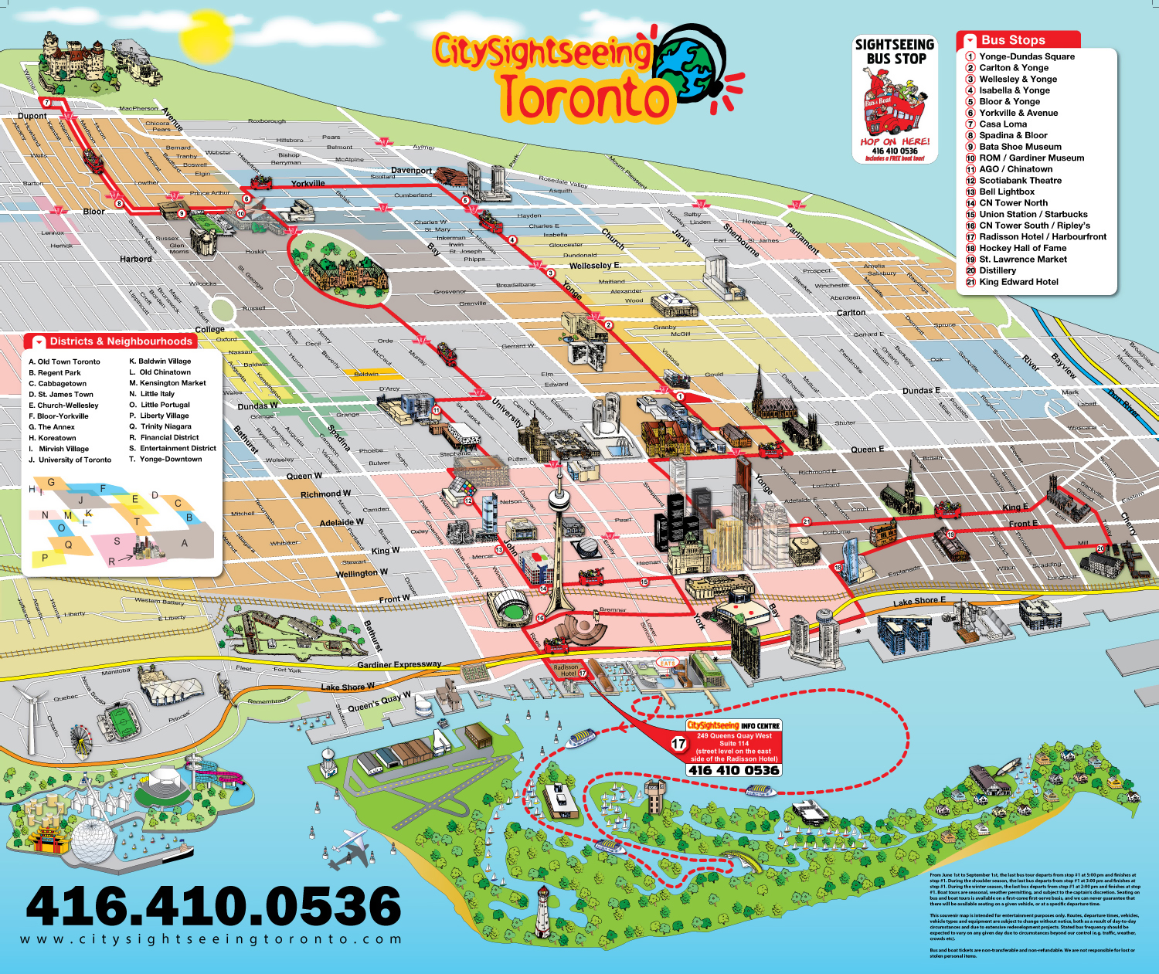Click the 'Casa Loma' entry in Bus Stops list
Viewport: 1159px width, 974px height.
click(1003, 124)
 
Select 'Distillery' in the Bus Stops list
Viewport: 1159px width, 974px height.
click(998, 271)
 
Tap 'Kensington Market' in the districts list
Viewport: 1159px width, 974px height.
click(172, 383)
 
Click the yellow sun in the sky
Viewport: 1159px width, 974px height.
click(206, 36)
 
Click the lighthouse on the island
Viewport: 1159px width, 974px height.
click(544, 911)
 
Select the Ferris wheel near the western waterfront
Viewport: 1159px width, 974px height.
click(80, 741)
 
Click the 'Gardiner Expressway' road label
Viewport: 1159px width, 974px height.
click(399, 664)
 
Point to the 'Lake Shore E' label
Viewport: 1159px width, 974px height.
click(919, 601)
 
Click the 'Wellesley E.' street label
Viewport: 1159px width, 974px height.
click(595, 266)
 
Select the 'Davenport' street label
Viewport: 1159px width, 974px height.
click(411, 171)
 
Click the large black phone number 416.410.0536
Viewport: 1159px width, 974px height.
click(213, 905)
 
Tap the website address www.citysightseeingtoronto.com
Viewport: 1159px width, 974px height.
click(211, 940)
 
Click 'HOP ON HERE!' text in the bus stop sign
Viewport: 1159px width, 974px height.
click(895, 141)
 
